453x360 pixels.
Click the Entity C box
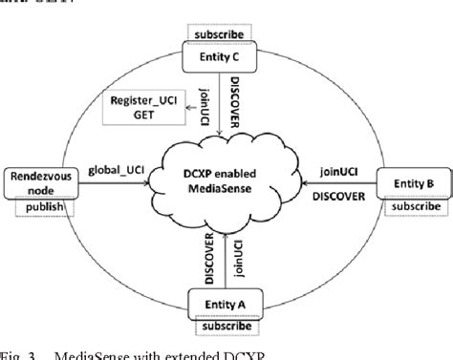(x=221, y=59)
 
